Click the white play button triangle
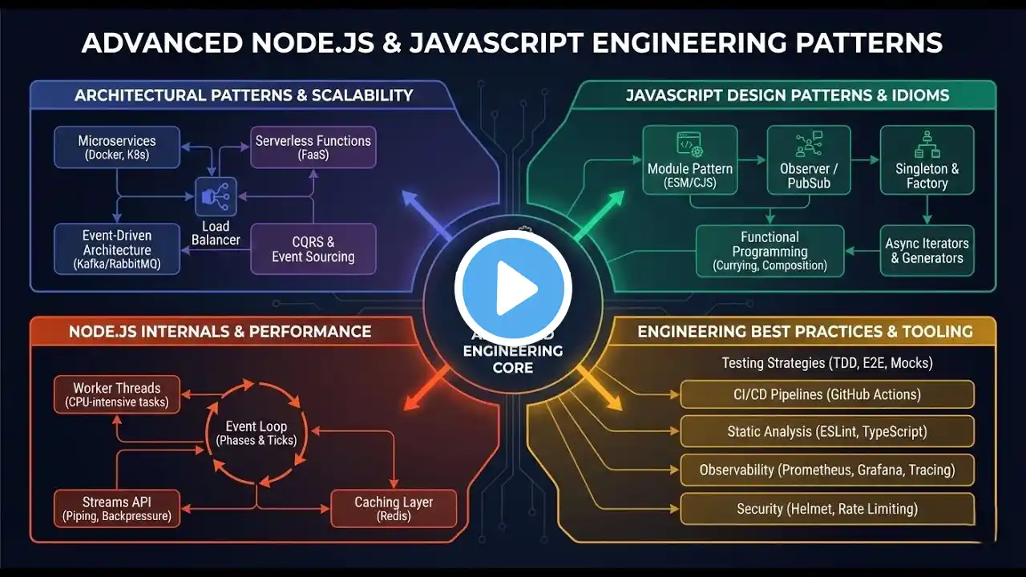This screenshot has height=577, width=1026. [x=517, y=289]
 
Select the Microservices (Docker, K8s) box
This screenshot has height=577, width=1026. [x=117, y=147]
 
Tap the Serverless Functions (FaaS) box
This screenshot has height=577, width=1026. [x=313, y=147]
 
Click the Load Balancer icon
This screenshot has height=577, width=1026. [x=216, y=197]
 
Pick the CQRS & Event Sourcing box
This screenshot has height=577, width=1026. [x=313, y=249]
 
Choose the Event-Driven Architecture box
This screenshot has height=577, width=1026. [x=117, y=248]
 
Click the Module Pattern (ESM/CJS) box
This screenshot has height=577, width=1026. [x=690, y=159]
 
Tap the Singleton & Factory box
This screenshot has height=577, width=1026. [x=927, y=159]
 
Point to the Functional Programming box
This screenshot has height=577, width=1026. [x=769, y=251]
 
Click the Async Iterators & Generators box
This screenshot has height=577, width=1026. [x=927, y=251]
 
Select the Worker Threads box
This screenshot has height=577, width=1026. [x=117, y=394]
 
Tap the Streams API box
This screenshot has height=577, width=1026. [x=117, y=509]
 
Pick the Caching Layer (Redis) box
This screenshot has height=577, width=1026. [x=394, y=509]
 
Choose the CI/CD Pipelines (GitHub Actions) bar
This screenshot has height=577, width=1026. [x=827, y=394]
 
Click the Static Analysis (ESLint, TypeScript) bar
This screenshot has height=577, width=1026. [x=827, y=432]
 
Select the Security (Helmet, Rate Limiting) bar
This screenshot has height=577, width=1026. [x=827, y=509]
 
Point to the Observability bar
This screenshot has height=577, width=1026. [x=827, y=470]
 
